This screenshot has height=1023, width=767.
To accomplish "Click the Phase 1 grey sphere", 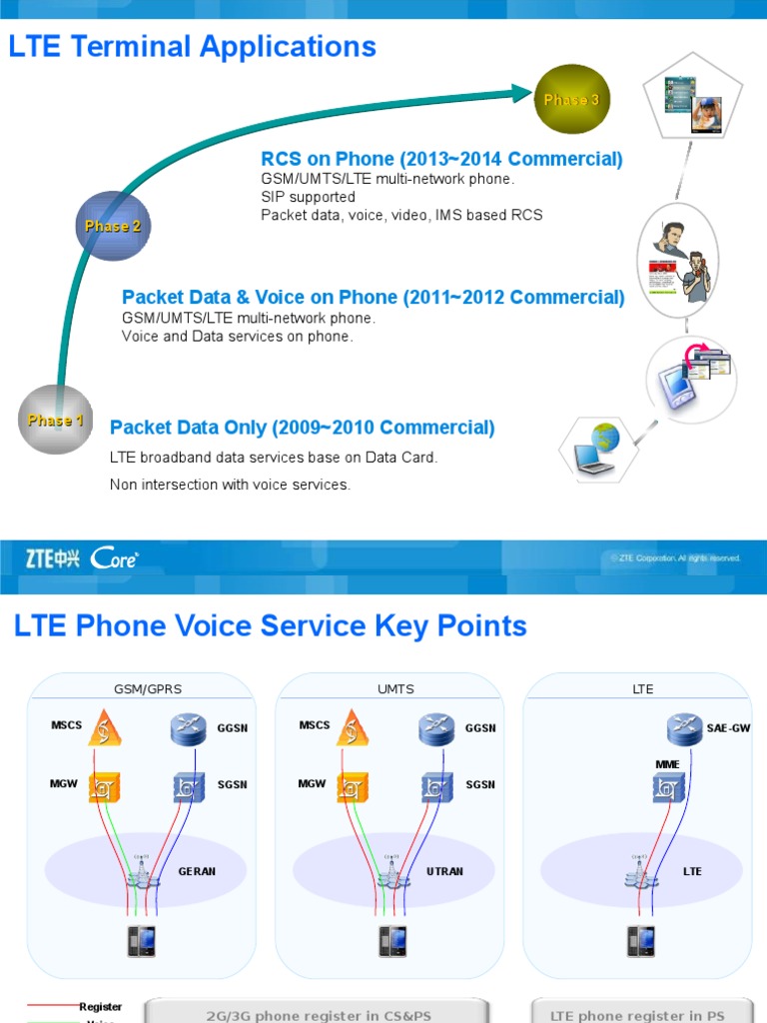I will click(x=55, y=420).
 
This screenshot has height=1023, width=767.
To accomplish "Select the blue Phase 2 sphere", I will click(x=112, y=226).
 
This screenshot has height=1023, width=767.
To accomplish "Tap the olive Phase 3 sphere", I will click(x=571, y=100).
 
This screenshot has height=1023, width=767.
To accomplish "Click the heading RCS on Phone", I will click(x=441, y=159).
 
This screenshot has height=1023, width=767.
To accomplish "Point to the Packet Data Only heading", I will click(x=302, y=428).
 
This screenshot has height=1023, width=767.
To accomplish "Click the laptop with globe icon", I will click(x=597, y=448).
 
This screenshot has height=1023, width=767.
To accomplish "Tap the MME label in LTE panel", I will click(x=667, y=763).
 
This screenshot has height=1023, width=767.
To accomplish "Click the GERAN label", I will click(x=197, y=871).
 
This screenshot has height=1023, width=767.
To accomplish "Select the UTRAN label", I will click(x=444, y=871).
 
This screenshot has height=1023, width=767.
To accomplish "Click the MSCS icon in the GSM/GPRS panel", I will click(x=103, y=727).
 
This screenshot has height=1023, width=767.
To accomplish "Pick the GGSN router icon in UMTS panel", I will click(x=436, y=727).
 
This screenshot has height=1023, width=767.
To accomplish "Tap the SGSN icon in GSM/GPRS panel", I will click(x=189, y=785).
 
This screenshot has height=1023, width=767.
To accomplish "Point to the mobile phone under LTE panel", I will click(x=641, y=940).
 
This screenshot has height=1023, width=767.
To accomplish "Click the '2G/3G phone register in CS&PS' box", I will click(x=318, y=1013).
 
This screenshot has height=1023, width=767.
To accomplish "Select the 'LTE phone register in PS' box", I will click(x=637, y=1013).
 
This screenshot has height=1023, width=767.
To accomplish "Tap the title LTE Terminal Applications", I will click(x=193, y=47).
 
